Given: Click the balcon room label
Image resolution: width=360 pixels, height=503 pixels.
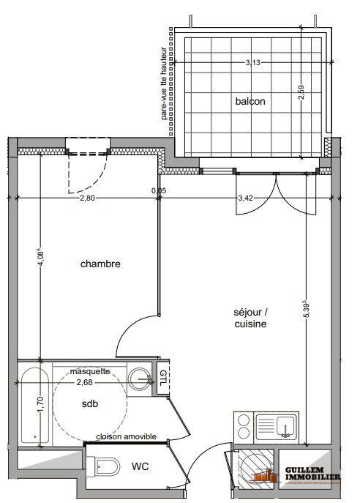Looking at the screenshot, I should point(250,101).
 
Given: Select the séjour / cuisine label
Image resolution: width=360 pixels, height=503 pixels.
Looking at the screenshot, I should point(250,318).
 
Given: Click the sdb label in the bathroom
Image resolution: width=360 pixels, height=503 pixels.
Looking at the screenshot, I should point(90,403).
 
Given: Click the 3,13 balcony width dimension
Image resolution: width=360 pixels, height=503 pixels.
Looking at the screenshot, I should point(252,62).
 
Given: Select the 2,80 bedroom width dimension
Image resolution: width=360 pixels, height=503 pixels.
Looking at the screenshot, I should point(88,198).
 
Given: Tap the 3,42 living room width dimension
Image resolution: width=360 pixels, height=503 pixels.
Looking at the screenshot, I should point(246,198).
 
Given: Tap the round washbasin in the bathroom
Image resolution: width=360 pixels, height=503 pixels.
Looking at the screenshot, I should point(139,378).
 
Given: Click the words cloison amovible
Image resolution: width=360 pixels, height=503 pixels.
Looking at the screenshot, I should point(125,436).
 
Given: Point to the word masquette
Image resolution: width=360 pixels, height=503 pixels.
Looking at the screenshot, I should point(89,371).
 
